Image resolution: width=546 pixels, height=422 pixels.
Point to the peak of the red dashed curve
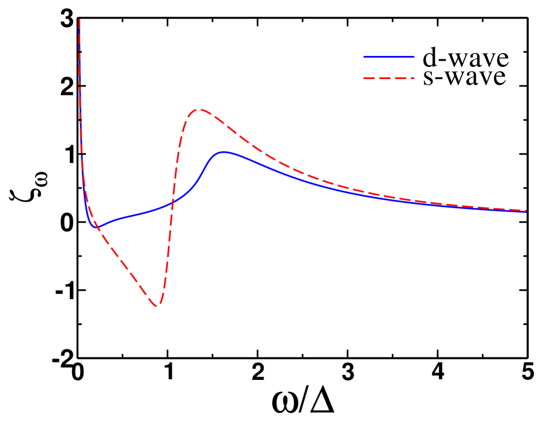pos(199,110)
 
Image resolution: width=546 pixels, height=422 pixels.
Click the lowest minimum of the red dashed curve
pos(157,306)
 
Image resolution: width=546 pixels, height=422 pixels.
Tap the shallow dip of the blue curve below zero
pos(96,227)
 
